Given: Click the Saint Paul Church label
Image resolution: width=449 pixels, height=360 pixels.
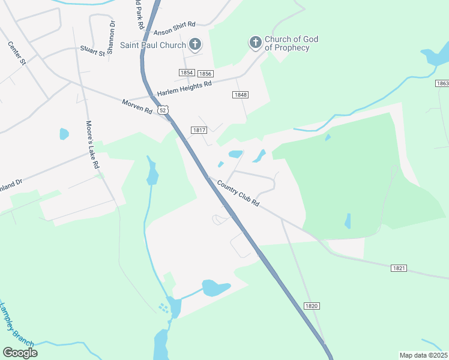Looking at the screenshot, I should pyautogui.click(x=152, y=45).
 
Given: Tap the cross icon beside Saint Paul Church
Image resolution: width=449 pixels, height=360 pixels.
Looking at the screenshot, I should pyautogui.click(x=195, y=44).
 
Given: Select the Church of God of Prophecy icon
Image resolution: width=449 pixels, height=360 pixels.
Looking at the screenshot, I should pyautogui.click(x=255, y=42).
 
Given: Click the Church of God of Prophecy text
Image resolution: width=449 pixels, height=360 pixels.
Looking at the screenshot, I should pyautogui.click(x=291, y=43).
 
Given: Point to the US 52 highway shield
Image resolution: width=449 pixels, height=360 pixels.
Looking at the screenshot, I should pyautogui.click(x=164, y=110).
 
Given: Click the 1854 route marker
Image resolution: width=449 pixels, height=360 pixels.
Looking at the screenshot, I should pyautogui.click(x=187, y=73).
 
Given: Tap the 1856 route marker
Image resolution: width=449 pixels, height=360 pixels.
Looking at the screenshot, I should pyautogui.click(x=205, y=73).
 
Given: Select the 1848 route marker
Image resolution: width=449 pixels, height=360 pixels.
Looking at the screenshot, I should pyautogui.click(x=240, y=95).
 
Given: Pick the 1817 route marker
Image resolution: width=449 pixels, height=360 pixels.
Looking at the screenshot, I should pyautogui.click(x=199, y=130).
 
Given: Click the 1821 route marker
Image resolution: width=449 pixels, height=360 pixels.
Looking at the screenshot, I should pyautogui.click(x=399, y=268).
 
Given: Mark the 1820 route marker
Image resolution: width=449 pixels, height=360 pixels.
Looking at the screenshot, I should pyautogui.click(x=312, y=306).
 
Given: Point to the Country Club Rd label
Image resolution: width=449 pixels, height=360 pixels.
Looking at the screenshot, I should pyautogui.click(x=238, y=194).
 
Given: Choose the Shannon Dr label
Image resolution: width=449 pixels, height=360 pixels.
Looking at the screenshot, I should pyautogui.click(x=112, y=34).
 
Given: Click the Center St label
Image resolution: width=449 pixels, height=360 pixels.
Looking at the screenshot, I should pyautogui.click(x=17, y=53).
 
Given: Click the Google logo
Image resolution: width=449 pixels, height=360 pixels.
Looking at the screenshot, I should pyautogui.click(x=20, y=353).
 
